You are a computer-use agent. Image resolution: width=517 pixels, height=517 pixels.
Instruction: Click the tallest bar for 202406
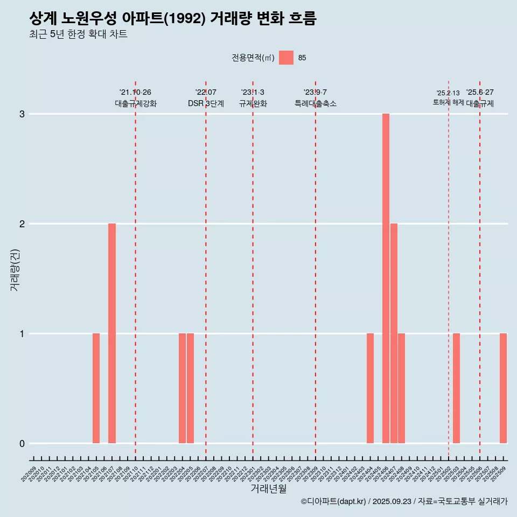click(386, 278)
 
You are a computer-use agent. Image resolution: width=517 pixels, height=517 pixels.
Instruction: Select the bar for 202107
click(112, 333)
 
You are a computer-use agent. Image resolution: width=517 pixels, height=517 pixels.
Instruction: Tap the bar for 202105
click(96, 388)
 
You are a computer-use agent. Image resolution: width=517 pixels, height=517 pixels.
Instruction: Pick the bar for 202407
click(394, 333)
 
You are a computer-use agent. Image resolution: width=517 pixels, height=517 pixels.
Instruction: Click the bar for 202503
click(456, 388)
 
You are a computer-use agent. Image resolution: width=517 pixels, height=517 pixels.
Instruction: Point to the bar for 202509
click(503, 388)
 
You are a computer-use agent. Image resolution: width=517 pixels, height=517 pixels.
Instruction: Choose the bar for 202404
click(370, 388)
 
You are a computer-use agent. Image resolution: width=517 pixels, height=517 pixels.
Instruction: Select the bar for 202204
click(182, 388)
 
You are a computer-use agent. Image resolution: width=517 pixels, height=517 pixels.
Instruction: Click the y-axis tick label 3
click(22, 114)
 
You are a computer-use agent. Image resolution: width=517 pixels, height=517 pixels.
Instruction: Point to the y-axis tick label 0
click(22, 444)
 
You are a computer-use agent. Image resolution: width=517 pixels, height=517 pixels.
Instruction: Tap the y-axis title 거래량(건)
click(15, 270)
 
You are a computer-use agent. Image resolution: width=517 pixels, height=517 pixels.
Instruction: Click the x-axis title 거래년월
click(268, 488)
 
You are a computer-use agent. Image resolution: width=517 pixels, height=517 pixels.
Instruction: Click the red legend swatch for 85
click(286, 58)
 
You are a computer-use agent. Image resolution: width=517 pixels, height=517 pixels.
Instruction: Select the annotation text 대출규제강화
click(136, 104)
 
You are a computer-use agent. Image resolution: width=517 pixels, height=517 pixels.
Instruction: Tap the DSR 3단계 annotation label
click(206, 104)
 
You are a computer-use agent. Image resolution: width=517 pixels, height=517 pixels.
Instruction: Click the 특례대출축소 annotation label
click(316, 104)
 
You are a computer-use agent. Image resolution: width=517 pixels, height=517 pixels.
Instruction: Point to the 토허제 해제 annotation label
click(448, 102)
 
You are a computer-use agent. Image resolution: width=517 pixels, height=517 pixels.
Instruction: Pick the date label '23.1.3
click(253, 93)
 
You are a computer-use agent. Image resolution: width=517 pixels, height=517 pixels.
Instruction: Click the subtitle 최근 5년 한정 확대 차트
click(78, 34)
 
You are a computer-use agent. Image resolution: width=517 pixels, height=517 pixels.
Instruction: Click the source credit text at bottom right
click(404, 501)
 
